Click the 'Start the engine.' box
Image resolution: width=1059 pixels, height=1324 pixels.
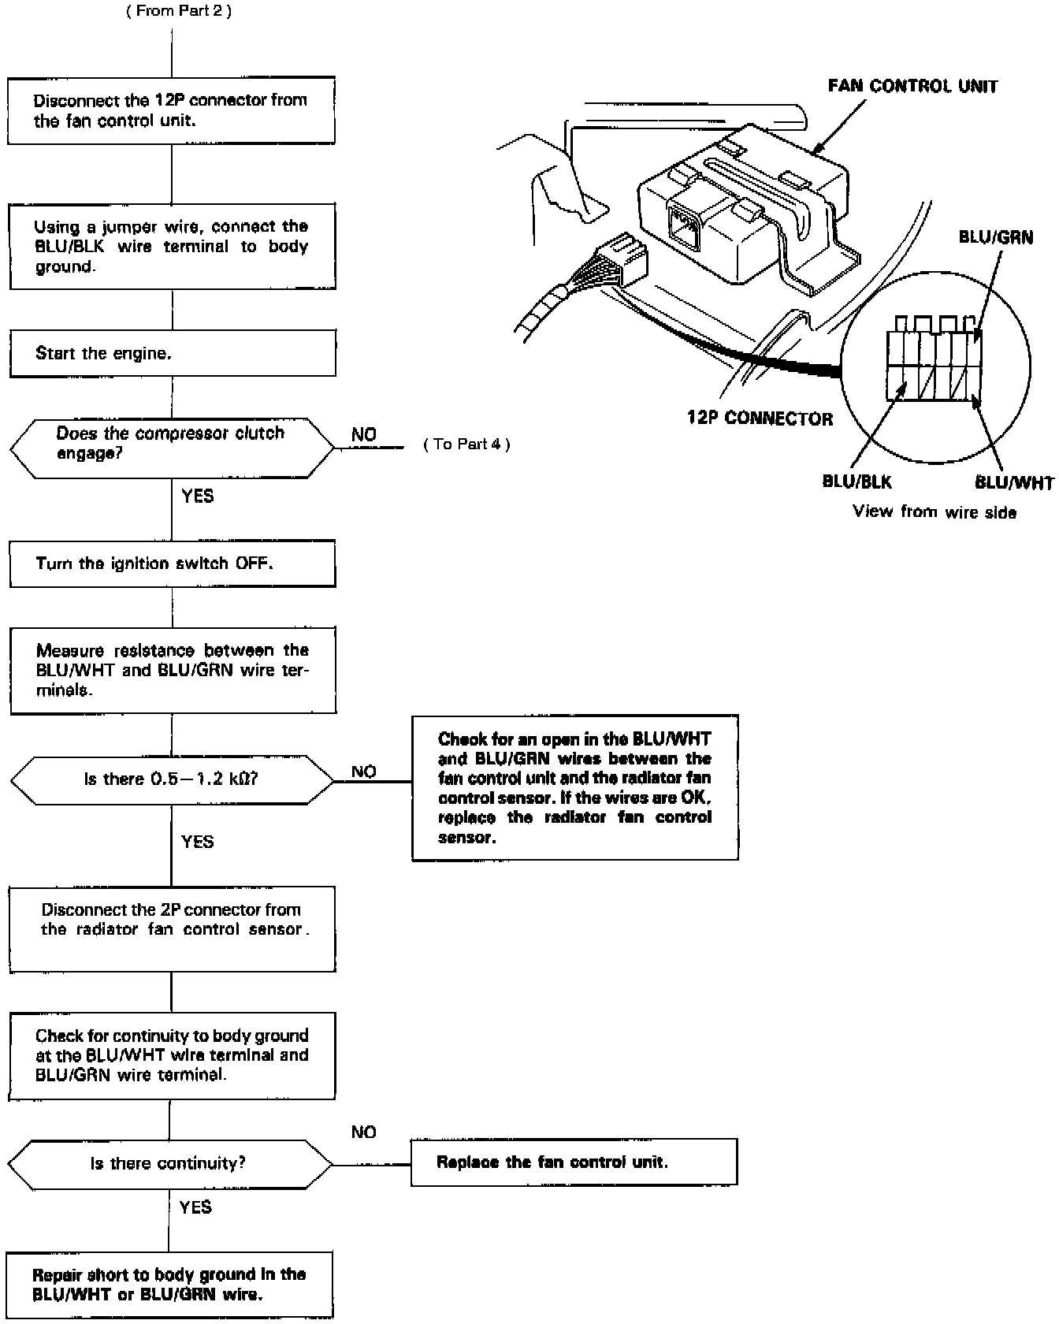(173, 353)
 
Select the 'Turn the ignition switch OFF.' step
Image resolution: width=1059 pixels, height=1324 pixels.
(173, 563)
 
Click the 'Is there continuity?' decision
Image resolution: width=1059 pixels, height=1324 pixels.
(170, 1163)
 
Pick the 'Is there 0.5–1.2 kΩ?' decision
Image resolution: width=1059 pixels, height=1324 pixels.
(172, 779)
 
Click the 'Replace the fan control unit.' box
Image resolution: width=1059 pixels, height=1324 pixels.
(574, 1162)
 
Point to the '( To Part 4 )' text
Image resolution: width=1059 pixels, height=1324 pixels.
(467, 444)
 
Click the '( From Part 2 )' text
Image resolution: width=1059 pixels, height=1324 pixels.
(179, 11)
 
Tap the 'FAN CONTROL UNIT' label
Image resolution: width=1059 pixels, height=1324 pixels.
(912, 87)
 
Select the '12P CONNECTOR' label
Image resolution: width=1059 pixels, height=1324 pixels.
(760, 418)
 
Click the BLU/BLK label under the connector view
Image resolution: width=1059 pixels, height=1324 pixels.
(856, 482)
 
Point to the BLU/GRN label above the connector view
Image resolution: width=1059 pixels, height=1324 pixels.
(996, 237)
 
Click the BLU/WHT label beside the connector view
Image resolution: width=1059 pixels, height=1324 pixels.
(1014, 482)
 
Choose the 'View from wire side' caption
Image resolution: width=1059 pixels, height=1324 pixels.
(935, 512)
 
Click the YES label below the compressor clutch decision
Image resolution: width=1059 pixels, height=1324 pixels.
(197, 496)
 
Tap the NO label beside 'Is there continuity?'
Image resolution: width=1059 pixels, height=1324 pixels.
(363, 1132)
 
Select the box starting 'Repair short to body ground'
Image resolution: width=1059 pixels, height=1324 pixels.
(169, 1284)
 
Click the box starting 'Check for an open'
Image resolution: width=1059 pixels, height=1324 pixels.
(574, 787)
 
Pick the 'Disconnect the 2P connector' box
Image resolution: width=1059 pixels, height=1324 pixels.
(172, 928)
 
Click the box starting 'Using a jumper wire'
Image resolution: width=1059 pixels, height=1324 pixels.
(173, 246)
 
